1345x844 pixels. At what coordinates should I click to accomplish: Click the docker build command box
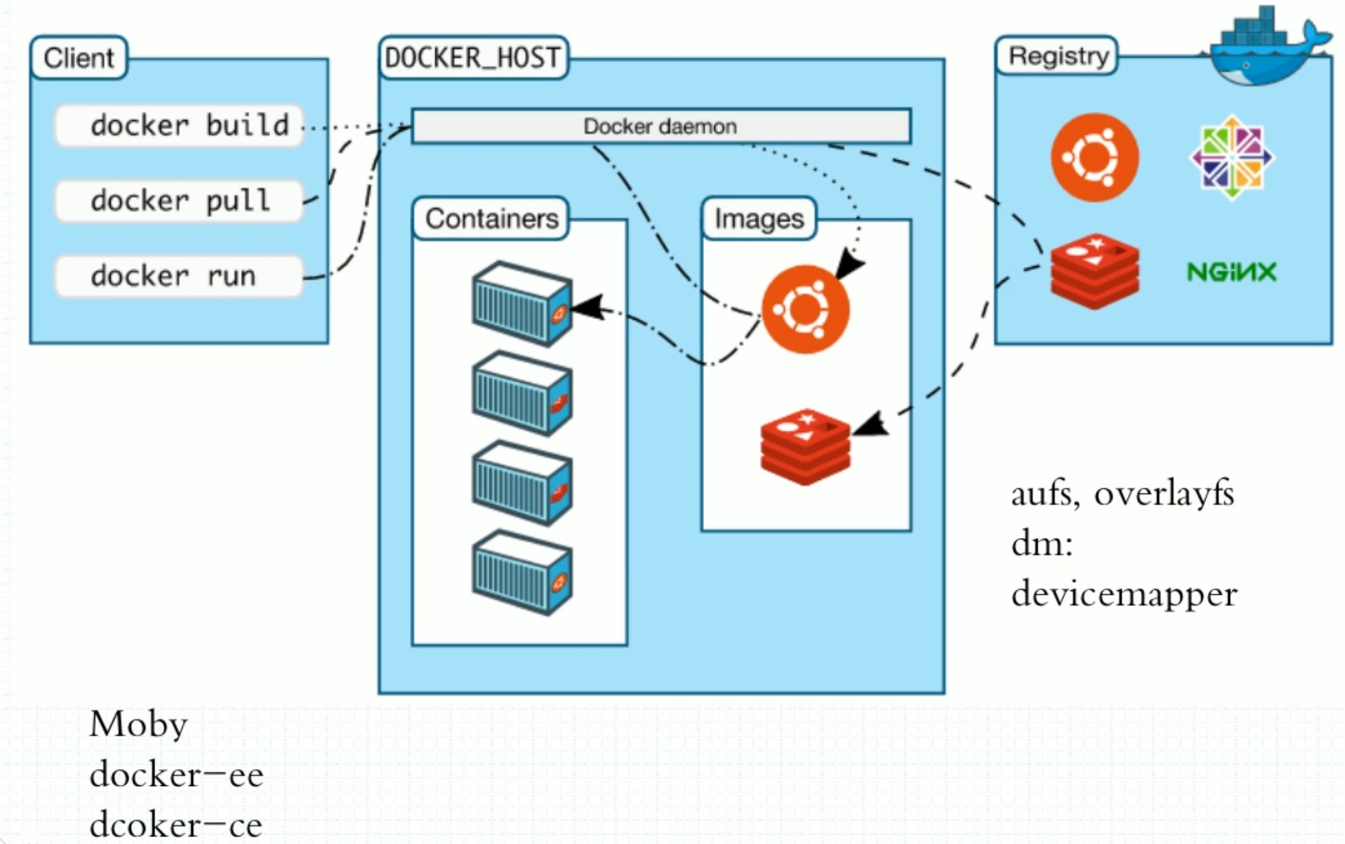click(179, 126)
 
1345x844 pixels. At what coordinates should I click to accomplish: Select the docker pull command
click(179, 201)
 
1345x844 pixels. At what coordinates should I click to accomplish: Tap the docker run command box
click(179, 276)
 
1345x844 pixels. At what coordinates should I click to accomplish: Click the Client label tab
click(79, 58)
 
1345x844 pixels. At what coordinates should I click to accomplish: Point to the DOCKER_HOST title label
click(473, 58)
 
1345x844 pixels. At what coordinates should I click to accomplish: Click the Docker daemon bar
click(661, 126)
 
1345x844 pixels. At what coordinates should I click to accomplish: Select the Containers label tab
click(491, 219)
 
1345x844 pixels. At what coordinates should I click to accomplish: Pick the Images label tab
click(759, 219)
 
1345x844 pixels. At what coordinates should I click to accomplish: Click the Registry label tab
click(1057, 56)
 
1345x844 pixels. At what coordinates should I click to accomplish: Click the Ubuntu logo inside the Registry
click(1095, 157)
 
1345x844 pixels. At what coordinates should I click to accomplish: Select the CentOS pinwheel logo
click(1231, 157)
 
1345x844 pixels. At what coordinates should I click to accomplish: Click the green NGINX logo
click(1231, 273)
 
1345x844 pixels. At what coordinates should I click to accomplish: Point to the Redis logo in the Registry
click(1095, 271)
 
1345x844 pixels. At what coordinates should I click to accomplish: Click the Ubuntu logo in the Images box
click(805, 309)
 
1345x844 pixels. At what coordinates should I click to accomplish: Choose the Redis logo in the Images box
click(805, 447)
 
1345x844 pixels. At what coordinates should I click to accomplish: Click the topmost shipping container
click(522, 304)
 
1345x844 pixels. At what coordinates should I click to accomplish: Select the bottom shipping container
click(522, 573)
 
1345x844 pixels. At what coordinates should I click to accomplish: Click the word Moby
click(139, 724)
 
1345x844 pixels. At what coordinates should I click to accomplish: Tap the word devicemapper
click(1124, 594)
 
